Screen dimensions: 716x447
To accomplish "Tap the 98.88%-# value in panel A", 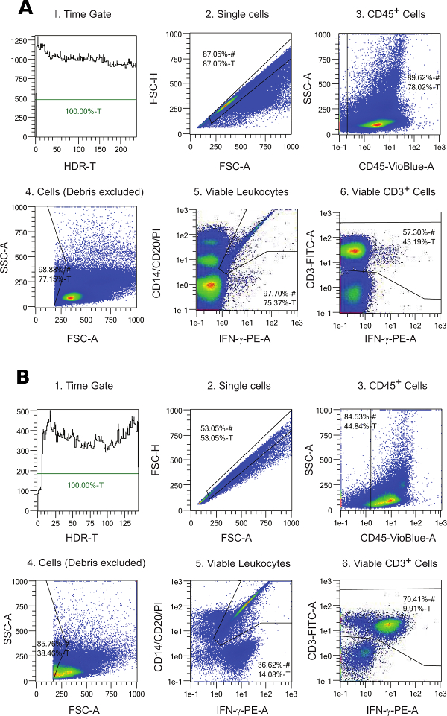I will (x=53, y=268).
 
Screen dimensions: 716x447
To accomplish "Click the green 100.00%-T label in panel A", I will (x=85, y=111).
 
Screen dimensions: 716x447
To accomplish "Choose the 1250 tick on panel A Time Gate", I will (x=22, y=34).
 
